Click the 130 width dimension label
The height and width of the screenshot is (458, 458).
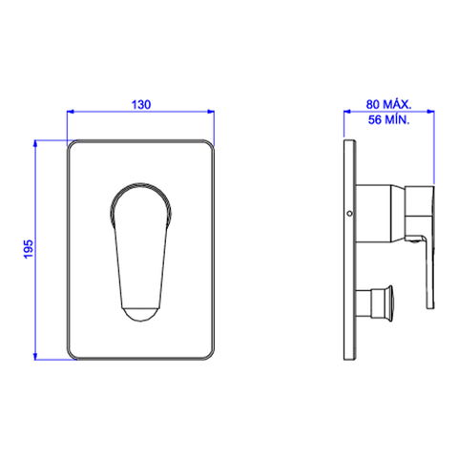coord(141,105)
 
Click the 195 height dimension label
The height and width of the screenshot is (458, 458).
coord(29,249)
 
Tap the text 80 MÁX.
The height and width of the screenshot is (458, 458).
coord(388,104)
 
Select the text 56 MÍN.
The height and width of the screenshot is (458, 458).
coord(388,120)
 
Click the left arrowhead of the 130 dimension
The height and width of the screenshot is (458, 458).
coord(70,112)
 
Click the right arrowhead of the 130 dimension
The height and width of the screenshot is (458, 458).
coord(211,112)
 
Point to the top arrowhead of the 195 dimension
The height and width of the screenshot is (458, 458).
coord(35,143)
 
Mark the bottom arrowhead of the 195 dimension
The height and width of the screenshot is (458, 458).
coord(35,356)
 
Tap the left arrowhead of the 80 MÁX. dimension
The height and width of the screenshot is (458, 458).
coord(347,112)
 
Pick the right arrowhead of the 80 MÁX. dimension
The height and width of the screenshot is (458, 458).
coord(431,112)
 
